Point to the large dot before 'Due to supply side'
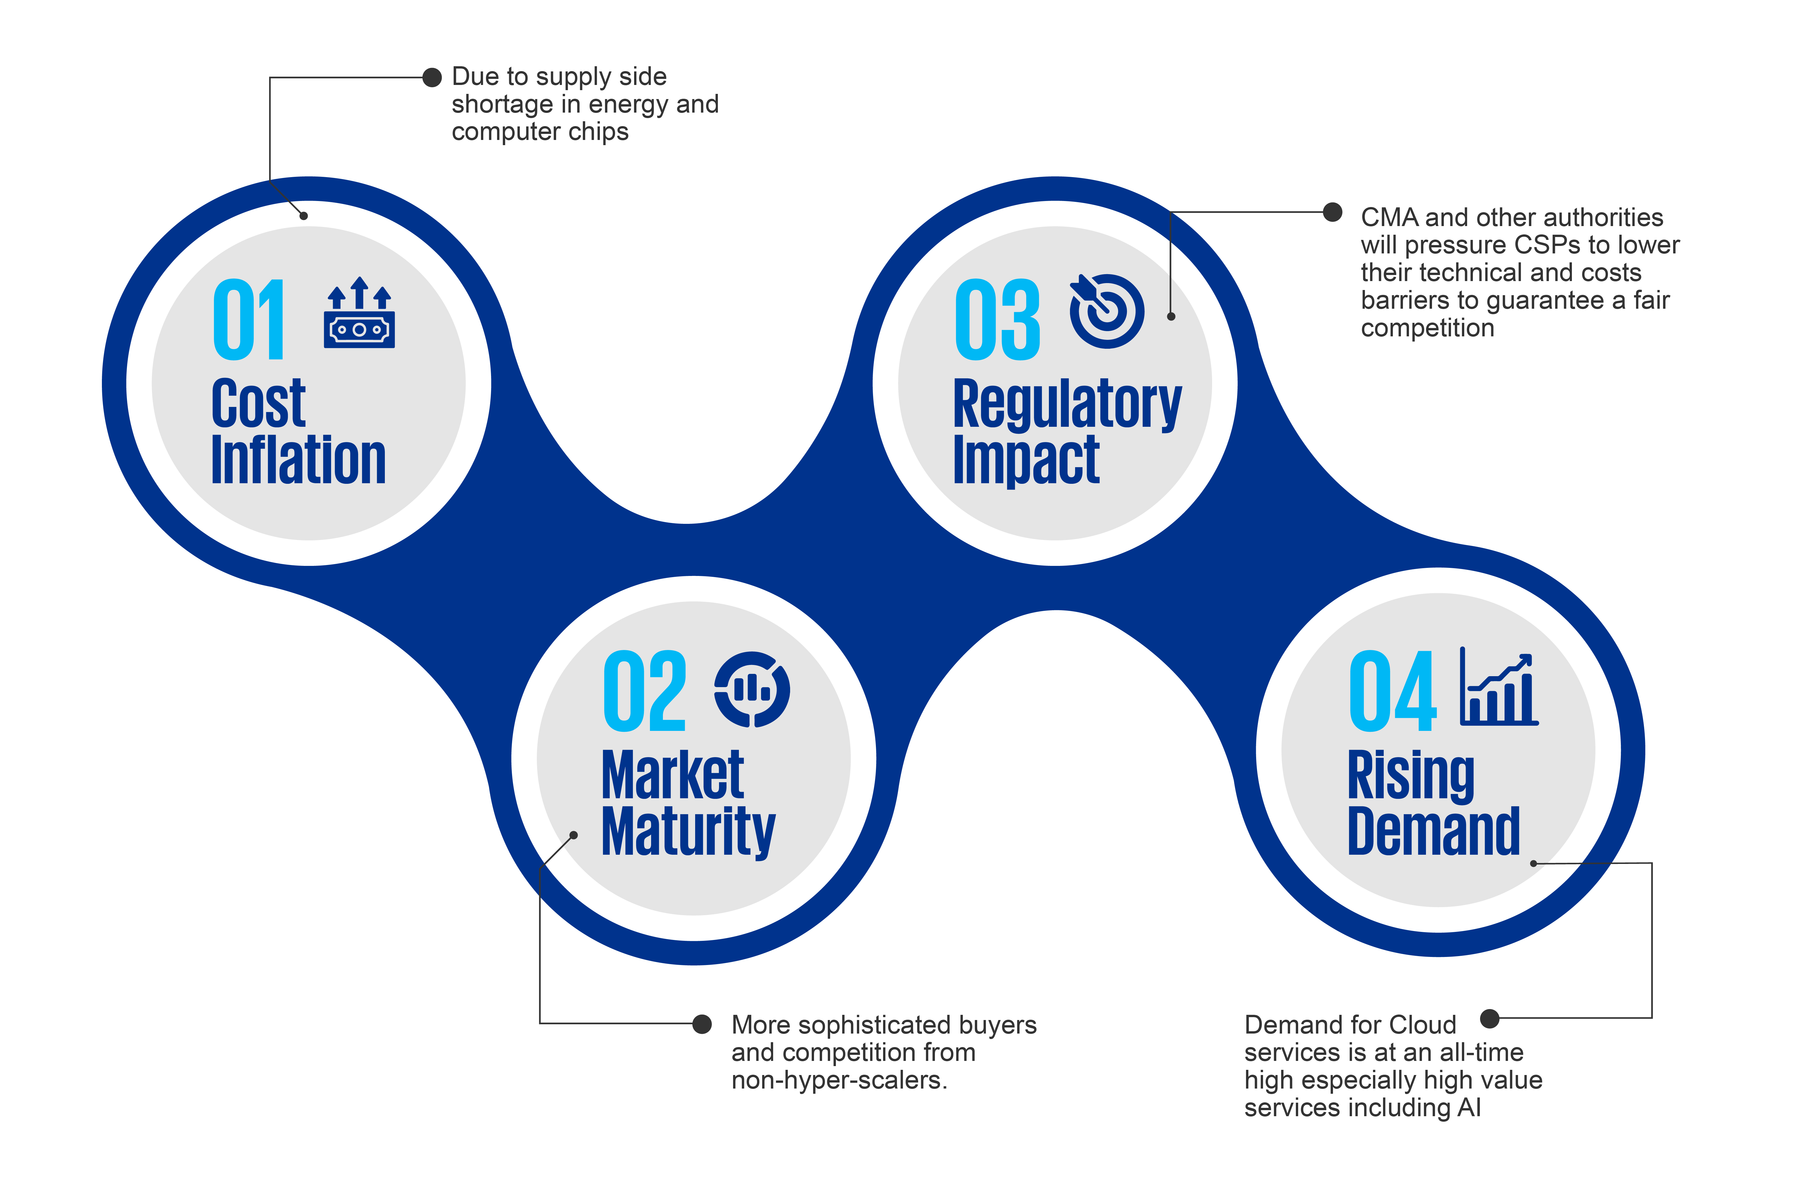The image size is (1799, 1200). coord(432,77)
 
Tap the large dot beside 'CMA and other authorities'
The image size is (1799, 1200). coord(1332,212)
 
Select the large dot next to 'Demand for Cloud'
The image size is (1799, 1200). coord(1489,1018)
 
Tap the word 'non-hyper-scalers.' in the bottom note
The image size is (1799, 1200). coord(839,1080)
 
